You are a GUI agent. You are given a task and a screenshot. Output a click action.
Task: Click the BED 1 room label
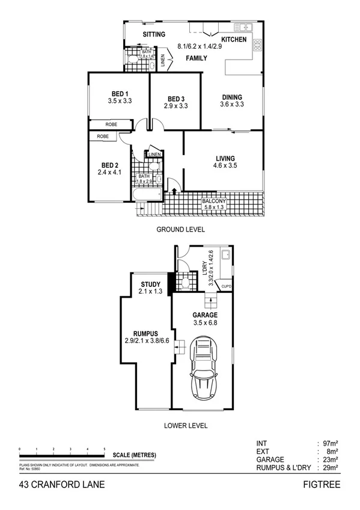pyautogui.click(x=119, y=93)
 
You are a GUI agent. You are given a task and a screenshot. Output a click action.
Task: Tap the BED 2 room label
pyautogui.click(x=109, y=165)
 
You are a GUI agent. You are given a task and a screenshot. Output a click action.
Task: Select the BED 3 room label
pyautogui.click(x=175, y=99)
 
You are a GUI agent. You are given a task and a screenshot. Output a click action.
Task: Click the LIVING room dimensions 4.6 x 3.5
pyautogui.click(x=225, y=165)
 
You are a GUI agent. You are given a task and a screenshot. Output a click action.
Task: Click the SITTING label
pyautogui.click(x=154, y=34)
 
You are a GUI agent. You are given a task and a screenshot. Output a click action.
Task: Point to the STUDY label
pyautogui.click(x=150, y=285)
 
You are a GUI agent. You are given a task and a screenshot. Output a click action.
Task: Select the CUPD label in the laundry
pyautogui.click(x=227, y=287)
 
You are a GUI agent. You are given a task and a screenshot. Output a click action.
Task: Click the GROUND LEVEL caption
pyautogui.click(x=180, y=229)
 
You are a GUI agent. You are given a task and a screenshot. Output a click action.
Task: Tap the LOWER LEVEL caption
pyautogui.click(x=186, y=425)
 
